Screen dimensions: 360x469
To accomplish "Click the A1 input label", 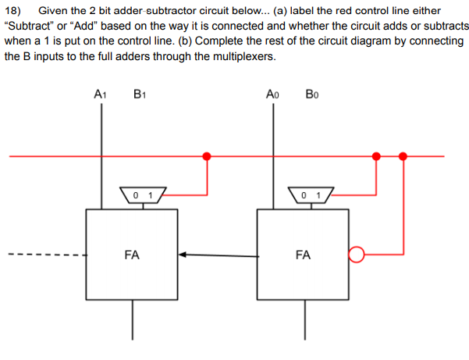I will pyautogui.click(x=101, y=96).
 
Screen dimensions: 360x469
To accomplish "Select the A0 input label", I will pyautogui.click(x=272, y=96).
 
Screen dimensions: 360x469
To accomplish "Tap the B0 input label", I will pyautogui.click(x=312, y=96).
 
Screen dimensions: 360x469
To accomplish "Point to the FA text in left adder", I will pyautogui.click(x=132, y=254).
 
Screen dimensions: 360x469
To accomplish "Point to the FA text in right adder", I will pyautogui.click(x=304, y=254).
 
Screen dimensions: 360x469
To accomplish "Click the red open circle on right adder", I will pyautogui.click(x=357, y=255).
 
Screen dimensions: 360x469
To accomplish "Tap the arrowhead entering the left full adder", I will pyautogui.click(x=183, y=254).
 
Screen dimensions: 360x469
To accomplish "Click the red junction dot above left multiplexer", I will pyautogui.click(x=206, y=156).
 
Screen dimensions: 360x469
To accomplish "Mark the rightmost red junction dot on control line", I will pyautogui.click(x=403, y=156).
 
